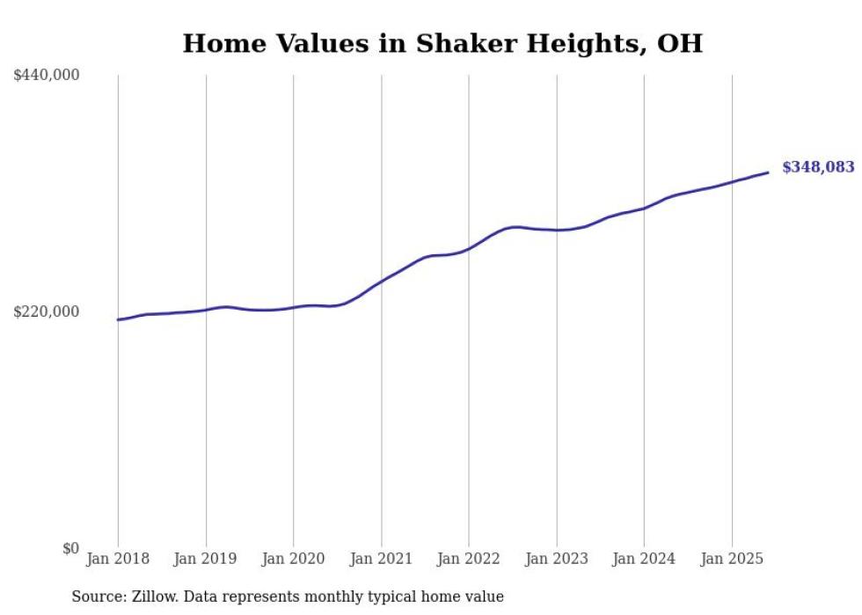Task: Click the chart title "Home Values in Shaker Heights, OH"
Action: coord(442,43)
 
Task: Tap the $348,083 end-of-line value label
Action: coord(817,167)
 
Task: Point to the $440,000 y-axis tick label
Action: coord(47,76)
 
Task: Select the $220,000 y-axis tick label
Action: coord(47,311)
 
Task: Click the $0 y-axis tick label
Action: coord(70,548)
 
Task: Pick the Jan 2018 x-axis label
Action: coord(118,559)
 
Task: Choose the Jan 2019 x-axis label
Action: coord(206,559)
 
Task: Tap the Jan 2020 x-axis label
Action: coord(293,559)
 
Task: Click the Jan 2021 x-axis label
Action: coord(381,559)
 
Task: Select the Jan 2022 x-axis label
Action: coord(469,559)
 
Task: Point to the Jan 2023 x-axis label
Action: coord(556,559)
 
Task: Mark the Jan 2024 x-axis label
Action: coord(644,559)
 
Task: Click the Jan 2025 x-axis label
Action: coord(732,559)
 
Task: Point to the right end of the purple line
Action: coord(768,172)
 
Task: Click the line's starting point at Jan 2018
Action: coord(118,319)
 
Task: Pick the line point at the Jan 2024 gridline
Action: coord(644,209)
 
